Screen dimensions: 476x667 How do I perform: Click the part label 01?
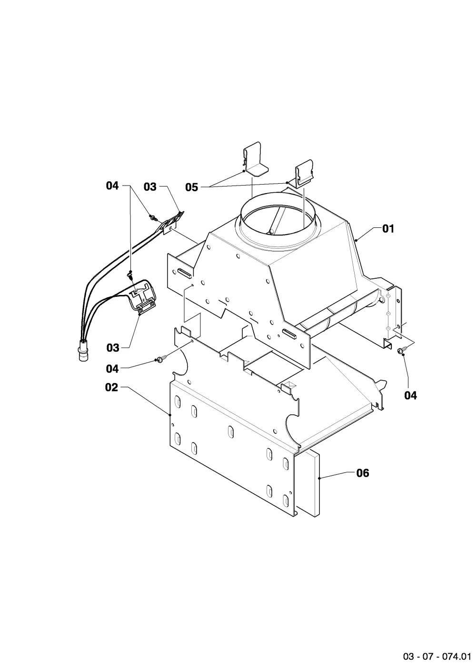(388, 229)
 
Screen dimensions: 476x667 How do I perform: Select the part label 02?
(111, 387)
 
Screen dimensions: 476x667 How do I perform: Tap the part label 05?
(191, 187)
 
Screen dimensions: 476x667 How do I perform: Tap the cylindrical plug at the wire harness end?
(82, 352)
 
